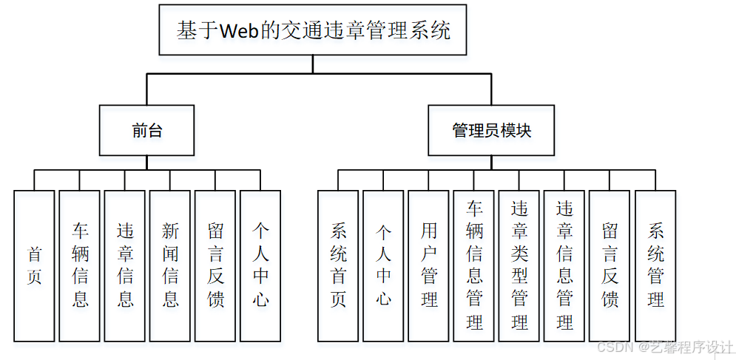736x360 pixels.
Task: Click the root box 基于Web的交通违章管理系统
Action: pos(313,30)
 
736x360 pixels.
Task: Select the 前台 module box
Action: pos(147,131)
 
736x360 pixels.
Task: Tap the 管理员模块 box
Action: pos(491,131)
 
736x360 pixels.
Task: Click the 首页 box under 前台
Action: pos(34,266)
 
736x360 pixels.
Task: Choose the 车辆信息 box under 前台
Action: pos(80,266)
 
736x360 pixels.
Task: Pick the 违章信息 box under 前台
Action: pos(125,266)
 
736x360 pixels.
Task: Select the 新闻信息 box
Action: pos(170,266)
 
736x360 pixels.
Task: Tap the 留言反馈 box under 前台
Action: pos(215,266)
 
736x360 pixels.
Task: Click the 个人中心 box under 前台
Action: pos(260,266)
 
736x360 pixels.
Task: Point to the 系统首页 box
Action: pos(338,266)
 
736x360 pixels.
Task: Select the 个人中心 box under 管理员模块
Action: pos(383,266)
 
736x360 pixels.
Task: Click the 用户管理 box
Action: pos(428,266)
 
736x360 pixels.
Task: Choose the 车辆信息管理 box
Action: pos(474,266)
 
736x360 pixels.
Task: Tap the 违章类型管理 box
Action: pos(519,266)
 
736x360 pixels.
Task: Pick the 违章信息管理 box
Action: pos(564,266)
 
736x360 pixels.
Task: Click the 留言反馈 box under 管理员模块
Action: pos(610,266)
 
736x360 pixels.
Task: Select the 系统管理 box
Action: pos(655,266)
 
